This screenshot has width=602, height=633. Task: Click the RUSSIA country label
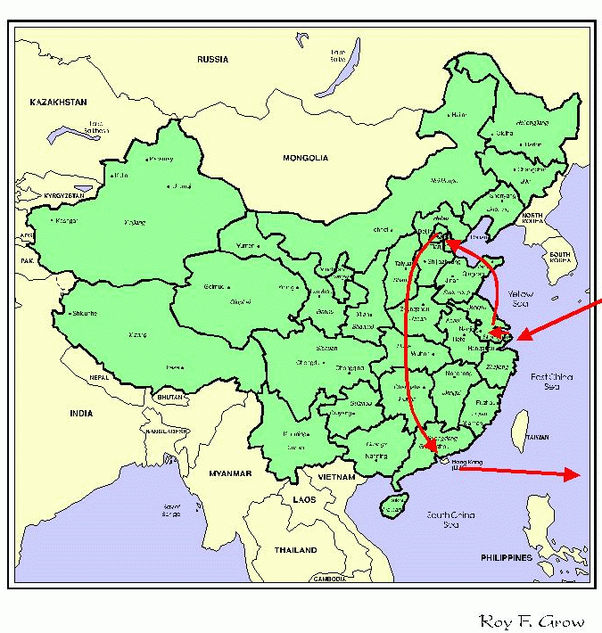(213, 60)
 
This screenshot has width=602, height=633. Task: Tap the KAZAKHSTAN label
(58, 103)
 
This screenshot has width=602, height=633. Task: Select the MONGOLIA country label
(306, 158)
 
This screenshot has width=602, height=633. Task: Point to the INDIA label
(81, 413)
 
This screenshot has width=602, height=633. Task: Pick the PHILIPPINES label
(507, 558)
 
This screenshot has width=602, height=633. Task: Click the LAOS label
(304, 499)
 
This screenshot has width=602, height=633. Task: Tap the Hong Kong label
(467, 462)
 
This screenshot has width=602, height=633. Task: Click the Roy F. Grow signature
(532, 621)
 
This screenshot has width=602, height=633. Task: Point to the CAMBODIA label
(329, 580)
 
